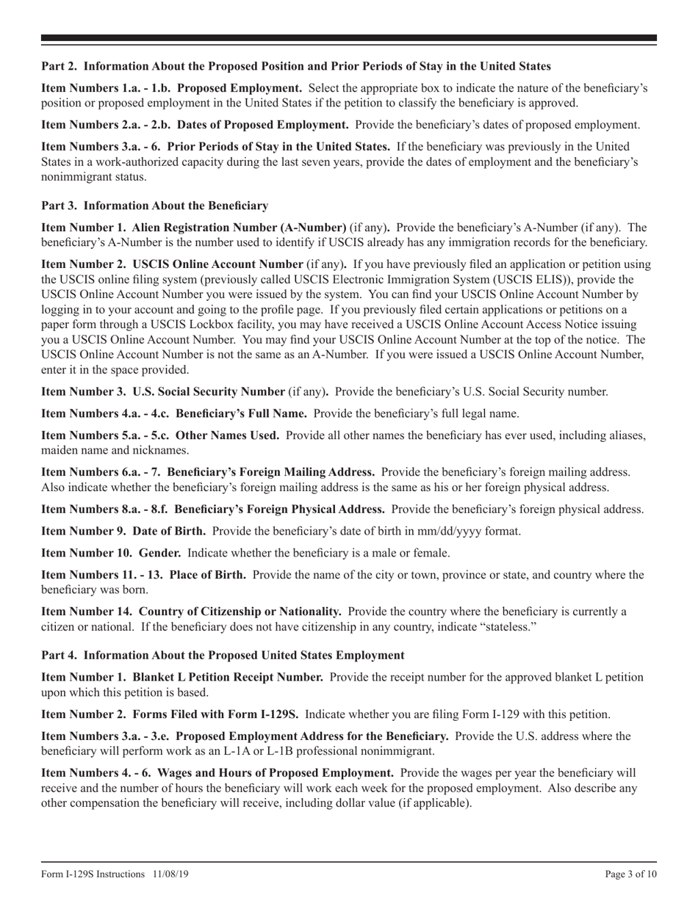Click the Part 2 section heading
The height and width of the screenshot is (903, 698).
coord(296,66)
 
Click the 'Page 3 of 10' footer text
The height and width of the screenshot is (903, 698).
coord(630,874)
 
